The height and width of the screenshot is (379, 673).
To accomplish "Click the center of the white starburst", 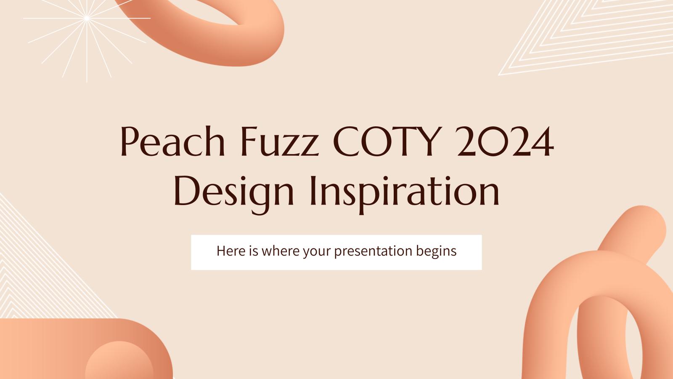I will pos(87,18).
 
